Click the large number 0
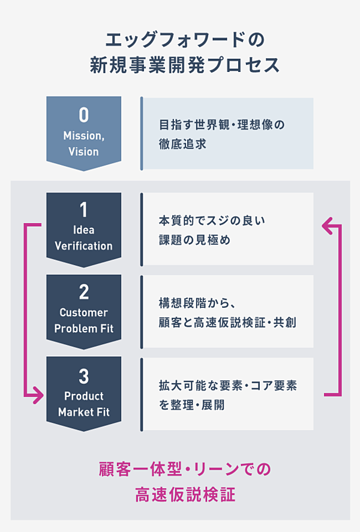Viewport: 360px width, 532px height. [83, 115]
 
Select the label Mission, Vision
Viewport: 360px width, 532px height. [83, 144]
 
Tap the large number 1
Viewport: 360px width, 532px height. [83, 210]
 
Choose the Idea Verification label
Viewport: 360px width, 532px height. [83, 238]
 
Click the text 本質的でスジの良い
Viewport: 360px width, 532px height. [212, 220]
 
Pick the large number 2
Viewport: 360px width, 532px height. [83, 292]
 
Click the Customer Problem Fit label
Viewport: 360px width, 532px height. [83, 321]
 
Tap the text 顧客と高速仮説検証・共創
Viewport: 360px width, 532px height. [227, 323]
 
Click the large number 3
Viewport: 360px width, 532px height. [83, 376]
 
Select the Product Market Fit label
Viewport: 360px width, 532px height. [83, 404]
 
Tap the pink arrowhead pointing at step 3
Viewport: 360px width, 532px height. [38, 395]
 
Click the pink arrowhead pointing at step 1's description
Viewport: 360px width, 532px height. [328, 226]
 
